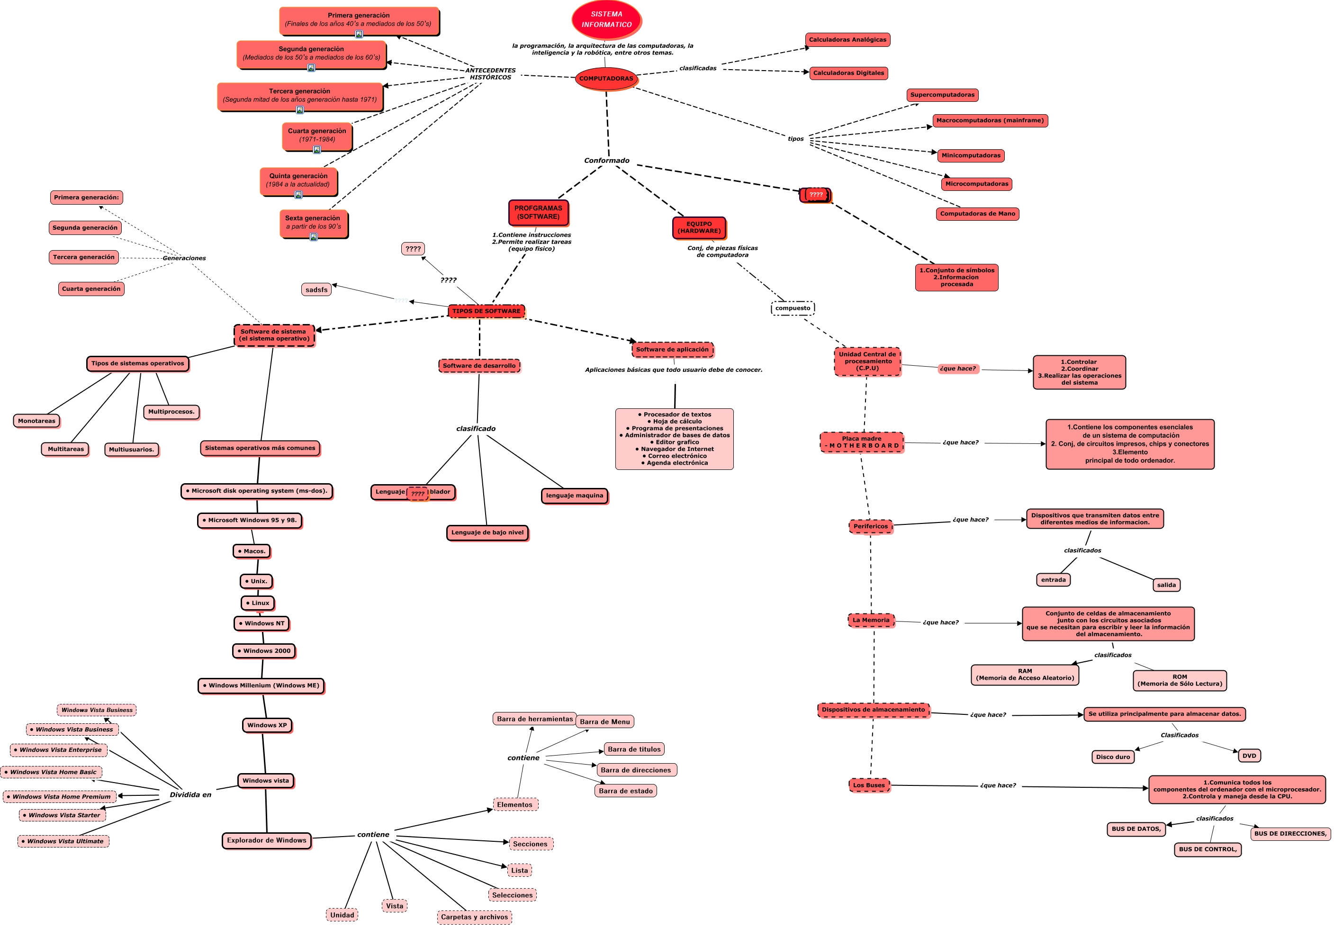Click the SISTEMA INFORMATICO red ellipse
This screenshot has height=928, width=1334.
[x=606, y=19]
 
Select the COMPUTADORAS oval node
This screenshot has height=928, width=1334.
[x=606, y=79]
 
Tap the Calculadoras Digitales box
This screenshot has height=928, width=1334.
[x=848, y=73]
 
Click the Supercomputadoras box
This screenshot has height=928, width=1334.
[x=942, y=95]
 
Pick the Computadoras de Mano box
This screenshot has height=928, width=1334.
[x=977, y=214]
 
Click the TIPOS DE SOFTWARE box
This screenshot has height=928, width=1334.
[x=487, y=311]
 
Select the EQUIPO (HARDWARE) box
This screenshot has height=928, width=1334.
[x=699, y=227]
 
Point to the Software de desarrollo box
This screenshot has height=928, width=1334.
[x=479, y=366]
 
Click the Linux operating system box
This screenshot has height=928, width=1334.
[x=257, y=603]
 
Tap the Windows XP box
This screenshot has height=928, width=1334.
[x=267, y=725]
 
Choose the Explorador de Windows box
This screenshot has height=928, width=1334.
[x=267, y=840]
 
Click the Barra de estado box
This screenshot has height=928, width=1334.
[x=626, y=791]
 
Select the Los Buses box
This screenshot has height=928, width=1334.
[x=869, y=785]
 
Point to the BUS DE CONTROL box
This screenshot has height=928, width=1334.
[x=1208, y=849]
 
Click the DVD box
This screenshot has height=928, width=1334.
[x=1249, y=756]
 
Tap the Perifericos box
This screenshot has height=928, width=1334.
[x=870, y=526]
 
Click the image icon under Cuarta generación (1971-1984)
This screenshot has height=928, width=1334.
[x=316, y=150]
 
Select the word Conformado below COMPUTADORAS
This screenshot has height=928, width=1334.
[x=606, y=161]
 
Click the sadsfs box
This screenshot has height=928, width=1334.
[x=316, y=289]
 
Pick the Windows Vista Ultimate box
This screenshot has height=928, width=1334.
[x=63, y=841]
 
